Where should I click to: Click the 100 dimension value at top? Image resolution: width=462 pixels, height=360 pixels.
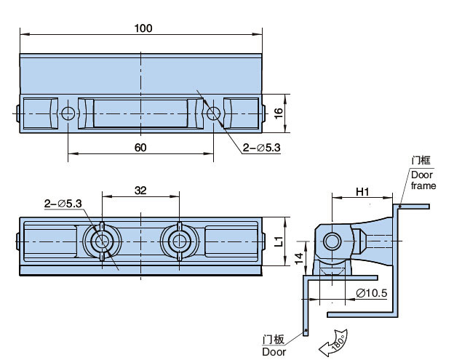click(143, 28)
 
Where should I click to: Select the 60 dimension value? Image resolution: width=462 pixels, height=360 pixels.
click(141, 147)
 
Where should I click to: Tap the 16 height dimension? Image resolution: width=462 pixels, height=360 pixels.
click(277, 113)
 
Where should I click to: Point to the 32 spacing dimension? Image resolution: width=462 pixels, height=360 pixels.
click(141, 191)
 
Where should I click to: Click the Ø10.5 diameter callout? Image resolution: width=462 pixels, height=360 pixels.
click(371, 293)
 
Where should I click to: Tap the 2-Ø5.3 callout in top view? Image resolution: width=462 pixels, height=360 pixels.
click(263, 148)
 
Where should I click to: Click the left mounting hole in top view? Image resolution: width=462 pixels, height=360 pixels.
click(68, 113)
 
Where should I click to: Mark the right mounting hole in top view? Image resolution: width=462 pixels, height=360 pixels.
click(214, 113)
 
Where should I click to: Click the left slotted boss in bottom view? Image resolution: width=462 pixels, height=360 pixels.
click(102, 240)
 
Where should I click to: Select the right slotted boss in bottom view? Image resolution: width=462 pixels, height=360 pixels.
click(178, 240)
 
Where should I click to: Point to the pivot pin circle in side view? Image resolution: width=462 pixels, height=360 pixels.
click(332, 241)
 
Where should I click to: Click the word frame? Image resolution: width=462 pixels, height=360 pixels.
click(423, 185)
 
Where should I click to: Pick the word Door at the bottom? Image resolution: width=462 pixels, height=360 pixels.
click(274, 352)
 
